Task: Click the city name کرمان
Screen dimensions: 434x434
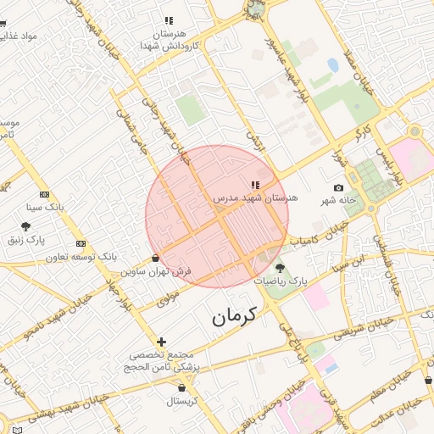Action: point(235,316)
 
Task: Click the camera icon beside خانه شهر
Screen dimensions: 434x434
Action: point(339,187)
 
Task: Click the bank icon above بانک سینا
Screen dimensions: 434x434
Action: point(44,194)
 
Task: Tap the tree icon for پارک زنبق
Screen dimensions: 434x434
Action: point(26,227)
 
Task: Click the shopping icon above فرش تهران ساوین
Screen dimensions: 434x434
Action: point(155,258)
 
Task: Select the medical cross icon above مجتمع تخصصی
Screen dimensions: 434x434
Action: point(162,342)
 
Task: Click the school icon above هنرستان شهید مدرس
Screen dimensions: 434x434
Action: point(255,184)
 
